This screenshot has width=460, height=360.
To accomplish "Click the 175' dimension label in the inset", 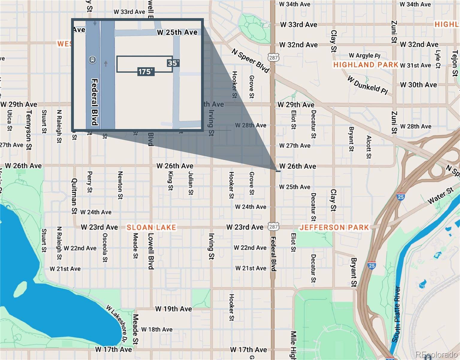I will [x=146, y=72].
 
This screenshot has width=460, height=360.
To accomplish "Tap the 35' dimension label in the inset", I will [x=173, y=63].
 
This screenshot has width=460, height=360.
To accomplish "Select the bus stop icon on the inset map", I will [x=92, y=60].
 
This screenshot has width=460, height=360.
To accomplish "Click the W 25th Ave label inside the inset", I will [x=177, y=32].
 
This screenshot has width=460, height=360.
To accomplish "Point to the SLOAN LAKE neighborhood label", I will [x=151, y=227].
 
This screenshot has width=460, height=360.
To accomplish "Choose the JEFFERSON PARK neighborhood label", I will [x=334, y=227].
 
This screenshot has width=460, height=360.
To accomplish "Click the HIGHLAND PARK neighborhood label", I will [x=366, y=65].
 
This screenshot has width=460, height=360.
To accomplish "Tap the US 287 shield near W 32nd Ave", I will [x=274, y=57].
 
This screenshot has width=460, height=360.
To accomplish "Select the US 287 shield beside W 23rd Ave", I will [x=274, y=227].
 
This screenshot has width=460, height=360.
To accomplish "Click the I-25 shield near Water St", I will [x=401, y=197].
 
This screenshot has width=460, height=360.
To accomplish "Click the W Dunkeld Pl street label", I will [x=367, y=85].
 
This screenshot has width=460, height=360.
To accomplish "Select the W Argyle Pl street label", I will [x=364, y=55].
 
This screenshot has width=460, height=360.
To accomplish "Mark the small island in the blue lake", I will [x=20, y=289].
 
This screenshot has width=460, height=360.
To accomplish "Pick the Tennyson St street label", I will [x=29, y=130].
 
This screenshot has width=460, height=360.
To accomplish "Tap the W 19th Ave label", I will [x=174, y=309].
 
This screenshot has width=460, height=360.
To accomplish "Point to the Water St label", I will [x=441, y=196].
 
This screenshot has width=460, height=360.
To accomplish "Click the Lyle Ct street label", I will [x=438, y=59].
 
